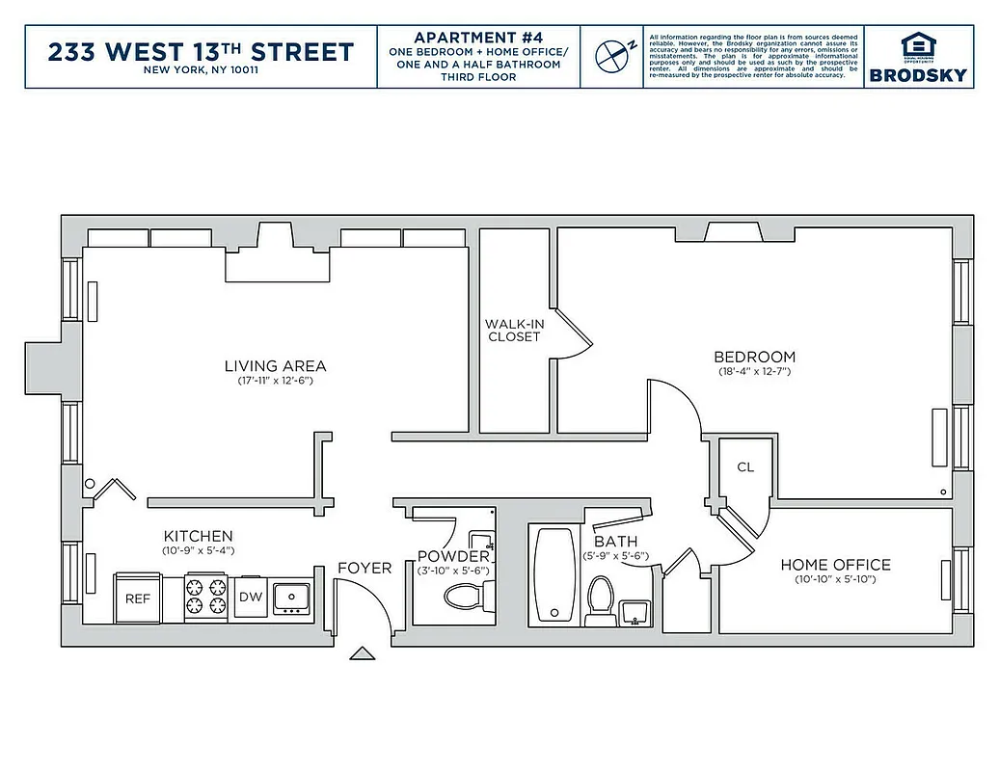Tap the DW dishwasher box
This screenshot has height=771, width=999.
click(x=251, y=598)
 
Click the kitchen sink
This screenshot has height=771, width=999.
click(x=291, y=598)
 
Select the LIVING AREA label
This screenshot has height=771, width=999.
click(x=275, y=366)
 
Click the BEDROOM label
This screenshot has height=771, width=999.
click(x=755, y=358)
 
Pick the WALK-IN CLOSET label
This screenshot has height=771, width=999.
click(x=514, y=331)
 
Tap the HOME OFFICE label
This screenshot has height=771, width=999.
click(x=835, y=565)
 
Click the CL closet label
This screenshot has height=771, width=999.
click(x=745, y=467)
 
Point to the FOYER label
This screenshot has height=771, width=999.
click(x=364, y=568)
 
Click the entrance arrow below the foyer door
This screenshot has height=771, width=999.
click(x=363, y=654)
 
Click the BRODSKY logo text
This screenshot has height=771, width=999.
click(x=918, y=75)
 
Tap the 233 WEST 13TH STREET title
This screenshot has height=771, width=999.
click(x=201, y=52)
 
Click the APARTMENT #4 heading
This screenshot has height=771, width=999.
click(x=478, y=37)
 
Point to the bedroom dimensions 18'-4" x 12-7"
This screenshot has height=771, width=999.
click(x=754, y=372)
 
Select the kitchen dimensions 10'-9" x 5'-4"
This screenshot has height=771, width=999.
click(x=198, y=550)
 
